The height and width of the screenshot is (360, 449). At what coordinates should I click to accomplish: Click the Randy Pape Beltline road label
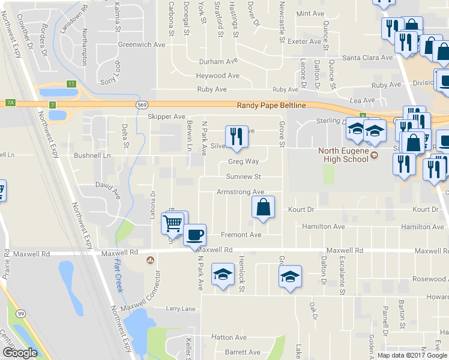click(271, 106)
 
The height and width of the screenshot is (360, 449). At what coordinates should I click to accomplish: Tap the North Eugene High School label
click(347, 155)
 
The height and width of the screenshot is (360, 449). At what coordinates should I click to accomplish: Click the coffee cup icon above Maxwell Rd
click(194, 234)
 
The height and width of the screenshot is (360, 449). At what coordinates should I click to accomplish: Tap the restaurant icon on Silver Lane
click(237, 136)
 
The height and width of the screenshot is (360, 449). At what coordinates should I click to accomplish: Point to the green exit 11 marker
click(71, 83)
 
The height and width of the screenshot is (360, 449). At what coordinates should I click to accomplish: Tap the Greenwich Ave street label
click(141, 44)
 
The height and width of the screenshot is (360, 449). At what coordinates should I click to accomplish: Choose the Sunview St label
click(243, 177)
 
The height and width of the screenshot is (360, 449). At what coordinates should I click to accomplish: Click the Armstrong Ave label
click(241, 192)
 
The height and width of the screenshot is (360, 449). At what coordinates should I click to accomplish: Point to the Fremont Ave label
click(241, 235)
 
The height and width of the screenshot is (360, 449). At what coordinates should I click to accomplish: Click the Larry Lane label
click(181, 309)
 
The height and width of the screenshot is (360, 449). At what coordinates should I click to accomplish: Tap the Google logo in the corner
click(20, 353)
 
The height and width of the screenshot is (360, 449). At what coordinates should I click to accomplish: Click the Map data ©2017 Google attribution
click(412, 355)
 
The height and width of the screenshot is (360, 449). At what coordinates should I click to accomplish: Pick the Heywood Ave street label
click(217, 76)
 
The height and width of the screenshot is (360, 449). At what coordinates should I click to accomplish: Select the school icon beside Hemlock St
click(223, 276)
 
